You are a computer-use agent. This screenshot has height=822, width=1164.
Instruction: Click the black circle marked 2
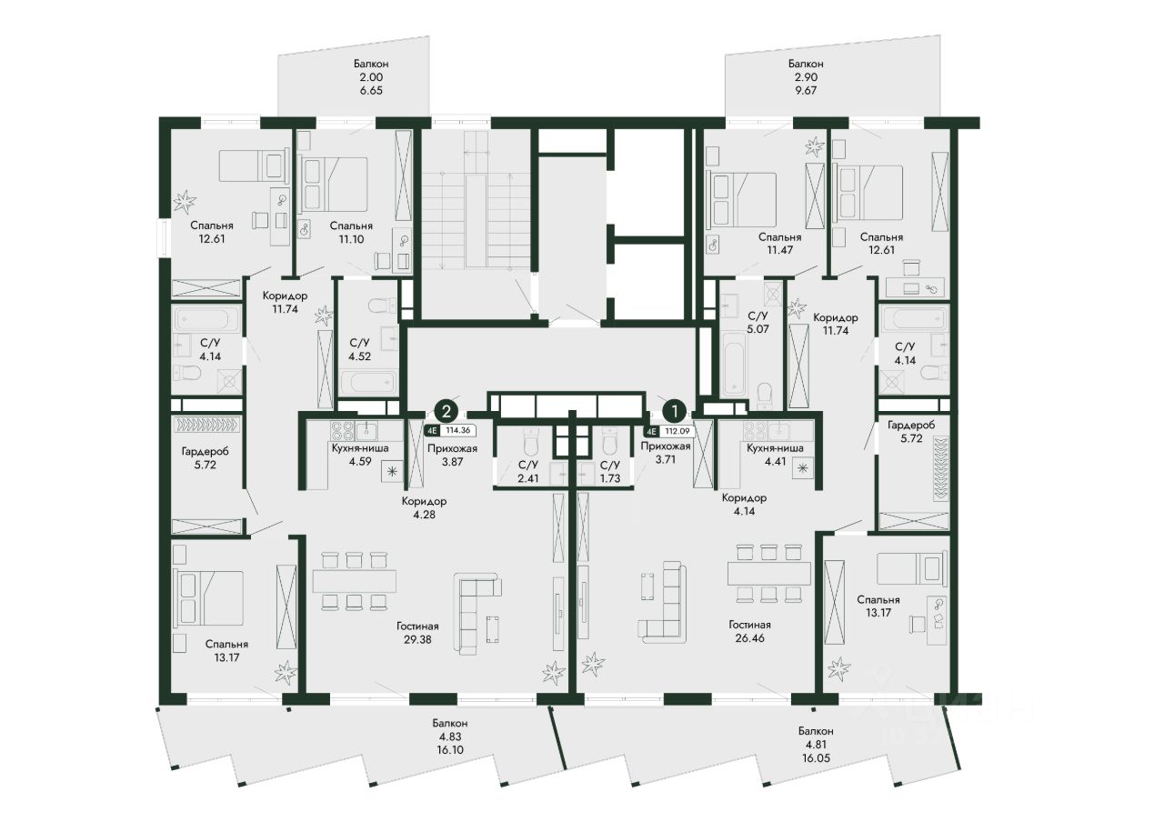point(446,412)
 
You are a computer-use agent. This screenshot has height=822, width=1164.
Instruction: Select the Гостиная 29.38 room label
point(417,633)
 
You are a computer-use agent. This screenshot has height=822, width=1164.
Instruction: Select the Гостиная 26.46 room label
point(749,631)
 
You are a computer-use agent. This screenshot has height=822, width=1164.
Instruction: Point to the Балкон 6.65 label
point(371,77)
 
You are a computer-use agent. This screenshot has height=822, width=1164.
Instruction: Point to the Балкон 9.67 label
point(806,77)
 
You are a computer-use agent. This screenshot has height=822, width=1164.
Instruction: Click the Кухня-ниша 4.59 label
point(360,455)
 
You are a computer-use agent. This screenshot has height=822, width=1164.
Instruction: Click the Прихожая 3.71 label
point(666,453)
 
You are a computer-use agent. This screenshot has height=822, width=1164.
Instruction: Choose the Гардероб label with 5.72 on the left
point(205,458)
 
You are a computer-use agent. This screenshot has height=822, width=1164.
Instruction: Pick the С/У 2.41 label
point(528,472)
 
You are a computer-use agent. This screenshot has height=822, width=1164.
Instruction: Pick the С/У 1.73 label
point(610,472)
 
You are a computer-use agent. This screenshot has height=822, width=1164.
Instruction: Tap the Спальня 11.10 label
point(351,233)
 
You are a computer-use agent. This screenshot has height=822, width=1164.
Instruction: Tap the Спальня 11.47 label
point(779,243)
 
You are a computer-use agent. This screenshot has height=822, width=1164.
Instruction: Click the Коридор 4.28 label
point(424,508)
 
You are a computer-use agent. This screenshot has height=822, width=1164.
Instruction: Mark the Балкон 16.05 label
point(816,745)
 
